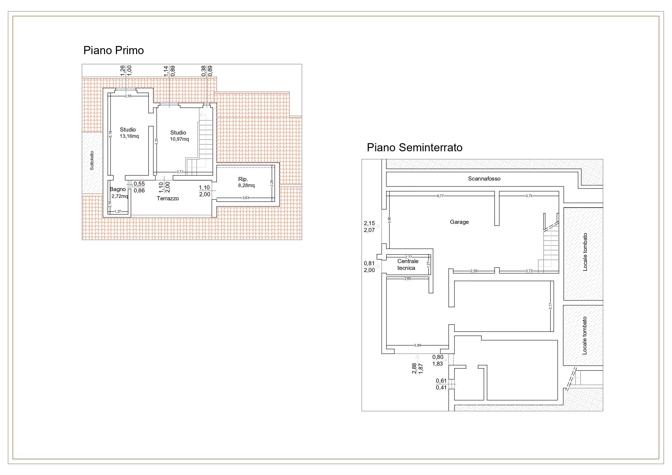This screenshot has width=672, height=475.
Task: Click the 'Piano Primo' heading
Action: (x=113, y=51)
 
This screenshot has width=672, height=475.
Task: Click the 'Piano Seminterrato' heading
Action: (x=415, y=148)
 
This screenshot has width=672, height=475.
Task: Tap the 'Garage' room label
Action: (x=459, y=222)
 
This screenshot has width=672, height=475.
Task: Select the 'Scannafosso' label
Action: (x=484, y=179)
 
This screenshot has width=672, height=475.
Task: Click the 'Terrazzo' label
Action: (x=168, y=198)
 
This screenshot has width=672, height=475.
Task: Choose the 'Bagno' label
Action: (x=118, y=189)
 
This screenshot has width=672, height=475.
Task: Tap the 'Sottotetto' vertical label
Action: (x=92, y=160)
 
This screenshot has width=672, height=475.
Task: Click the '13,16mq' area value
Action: (x=129, y=136)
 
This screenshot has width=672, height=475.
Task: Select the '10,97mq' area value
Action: (x=180, y=139)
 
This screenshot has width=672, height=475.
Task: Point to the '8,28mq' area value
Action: (x=246, y=185)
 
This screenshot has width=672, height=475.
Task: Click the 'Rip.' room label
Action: (x=243, y=179)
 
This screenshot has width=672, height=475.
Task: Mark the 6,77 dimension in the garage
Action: (x=440, y=196)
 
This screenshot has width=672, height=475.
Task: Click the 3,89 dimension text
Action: (x=417, y=345)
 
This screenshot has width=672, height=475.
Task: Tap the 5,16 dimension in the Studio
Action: (x=110, y=134)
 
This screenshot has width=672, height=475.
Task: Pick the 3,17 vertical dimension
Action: (x=550, y=306)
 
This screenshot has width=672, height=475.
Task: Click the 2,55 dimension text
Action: (x=128, y=96)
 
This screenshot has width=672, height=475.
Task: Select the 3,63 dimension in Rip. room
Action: (x=246, y=198)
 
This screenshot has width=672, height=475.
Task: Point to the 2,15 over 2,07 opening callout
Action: (x=369, y=227)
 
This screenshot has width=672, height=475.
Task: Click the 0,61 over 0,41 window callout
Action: (x=441, y=384)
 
